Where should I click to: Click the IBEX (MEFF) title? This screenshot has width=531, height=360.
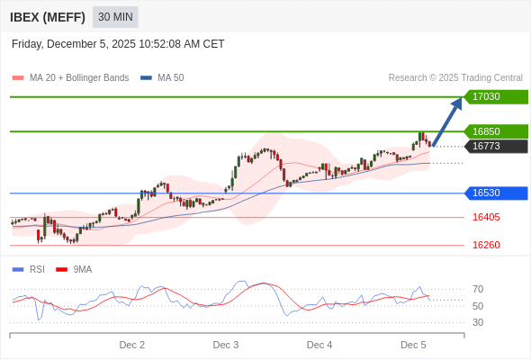(48, 17)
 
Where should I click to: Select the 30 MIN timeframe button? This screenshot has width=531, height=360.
(115, 17)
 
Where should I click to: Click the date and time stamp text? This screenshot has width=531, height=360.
(118, 44)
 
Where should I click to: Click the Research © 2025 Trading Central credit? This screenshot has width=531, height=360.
(455, 78)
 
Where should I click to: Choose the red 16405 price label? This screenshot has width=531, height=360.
(486, 217)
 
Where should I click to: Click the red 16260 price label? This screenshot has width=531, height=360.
(486, 245)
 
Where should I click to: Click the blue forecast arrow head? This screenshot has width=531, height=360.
(456, 103)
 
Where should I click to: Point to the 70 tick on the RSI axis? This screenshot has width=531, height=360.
(478, 289)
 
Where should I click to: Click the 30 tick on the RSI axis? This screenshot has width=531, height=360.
(478, 322)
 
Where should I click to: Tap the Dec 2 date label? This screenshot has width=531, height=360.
(132, 345)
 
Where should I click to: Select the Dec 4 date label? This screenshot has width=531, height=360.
(319, 345)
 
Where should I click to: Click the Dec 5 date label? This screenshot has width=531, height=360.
(413, 345)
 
